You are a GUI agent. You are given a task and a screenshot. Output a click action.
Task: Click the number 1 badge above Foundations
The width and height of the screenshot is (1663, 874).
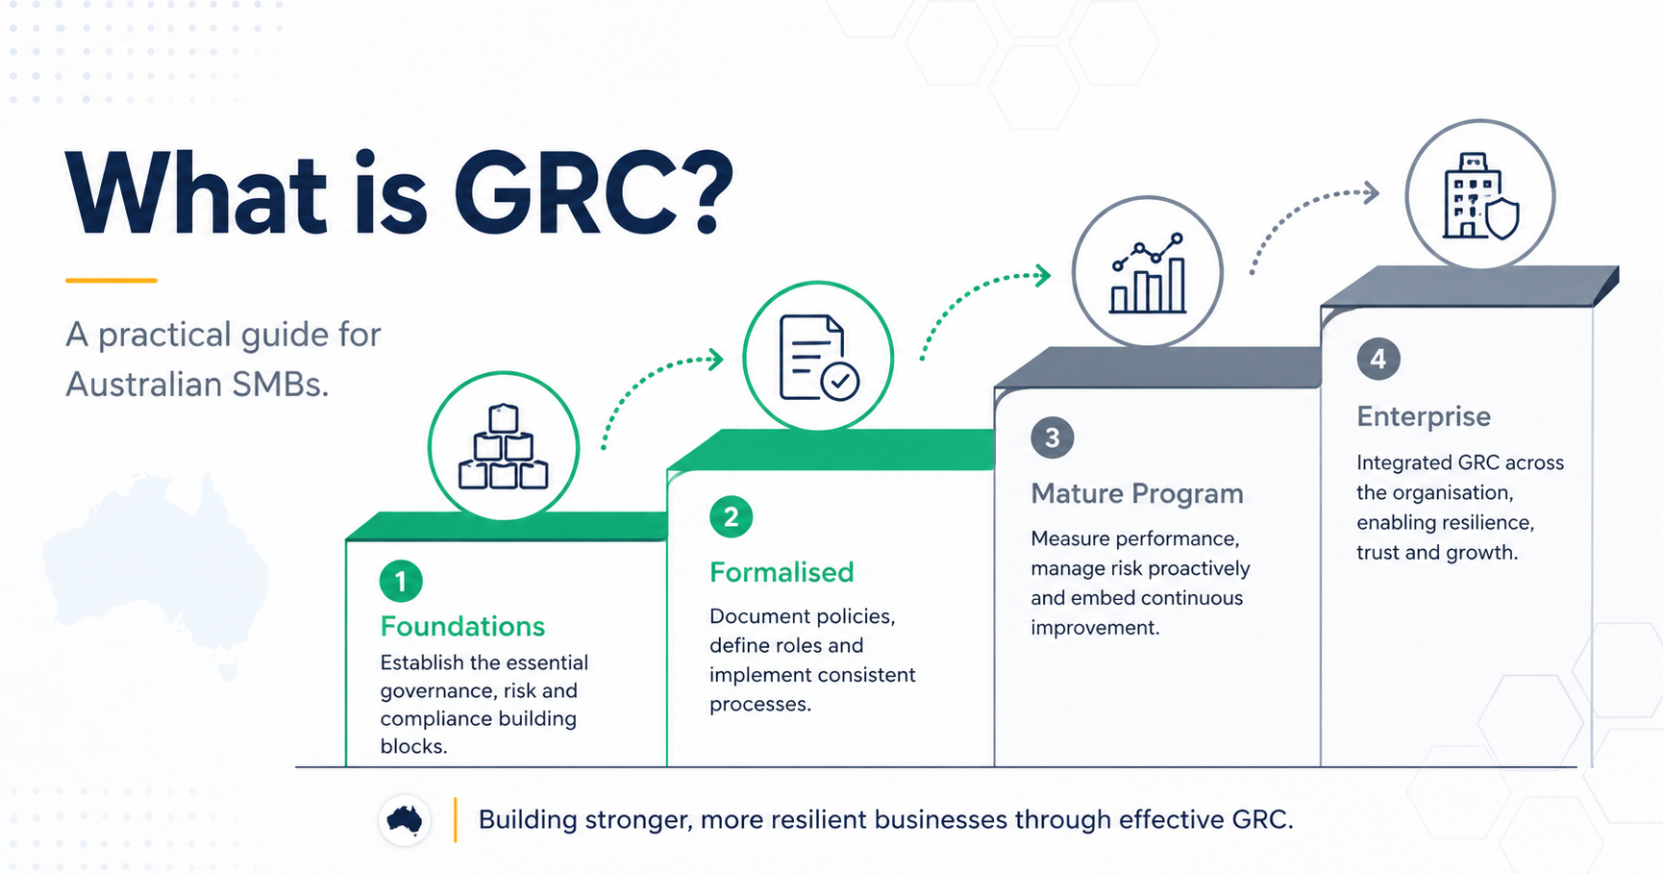[x=401, y=581]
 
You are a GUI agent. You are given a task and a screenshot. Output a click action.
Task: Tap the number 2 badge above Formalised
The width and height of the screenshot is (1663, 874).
[x=731, y=517]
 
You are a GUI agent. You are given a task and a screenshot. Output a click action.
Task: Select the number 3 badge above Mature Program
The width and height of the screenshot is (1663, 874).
[x=1052, y=438]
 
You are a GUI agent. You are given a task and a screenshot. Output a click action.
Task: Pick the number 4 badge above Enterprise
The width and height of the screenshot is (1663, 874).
[x=1378, y=360]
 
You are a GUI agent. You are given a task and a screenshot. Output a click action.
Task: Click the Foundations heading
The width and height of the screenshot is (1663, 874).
[x=462, y=626]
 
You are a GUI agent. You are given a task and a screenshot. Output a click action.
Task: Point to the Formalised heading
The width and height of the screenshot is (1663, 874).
[x=782, y=572]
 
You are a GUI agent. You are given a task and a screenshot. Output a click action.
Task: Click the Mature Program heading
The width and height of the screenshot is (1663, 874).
[x=1136, y=493]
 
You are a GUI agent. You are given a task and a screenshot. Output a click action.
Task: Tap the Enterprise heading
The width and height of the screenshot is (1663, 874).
[x=1424, y=416]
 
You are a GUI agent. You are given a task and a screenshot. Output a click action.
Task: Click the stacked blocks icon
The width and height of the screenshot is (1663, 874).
[x=503, y=447]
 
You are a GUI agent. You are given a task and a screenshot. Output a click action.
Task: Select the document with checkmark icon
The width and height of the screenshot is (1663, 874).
[x=818, y=358]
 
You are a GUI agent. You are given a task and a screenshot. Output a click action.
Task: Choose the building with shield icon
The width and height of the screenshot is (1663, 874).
[x=1479, y=195]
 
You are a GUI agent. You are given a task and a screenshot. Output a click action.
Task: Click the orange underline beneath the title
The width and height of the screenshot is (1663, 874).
[x=111, y=280]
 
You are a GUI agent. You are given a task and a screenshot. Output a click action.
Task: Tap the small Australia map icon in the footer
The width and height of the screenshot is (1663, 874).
[x=405, y=819]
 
